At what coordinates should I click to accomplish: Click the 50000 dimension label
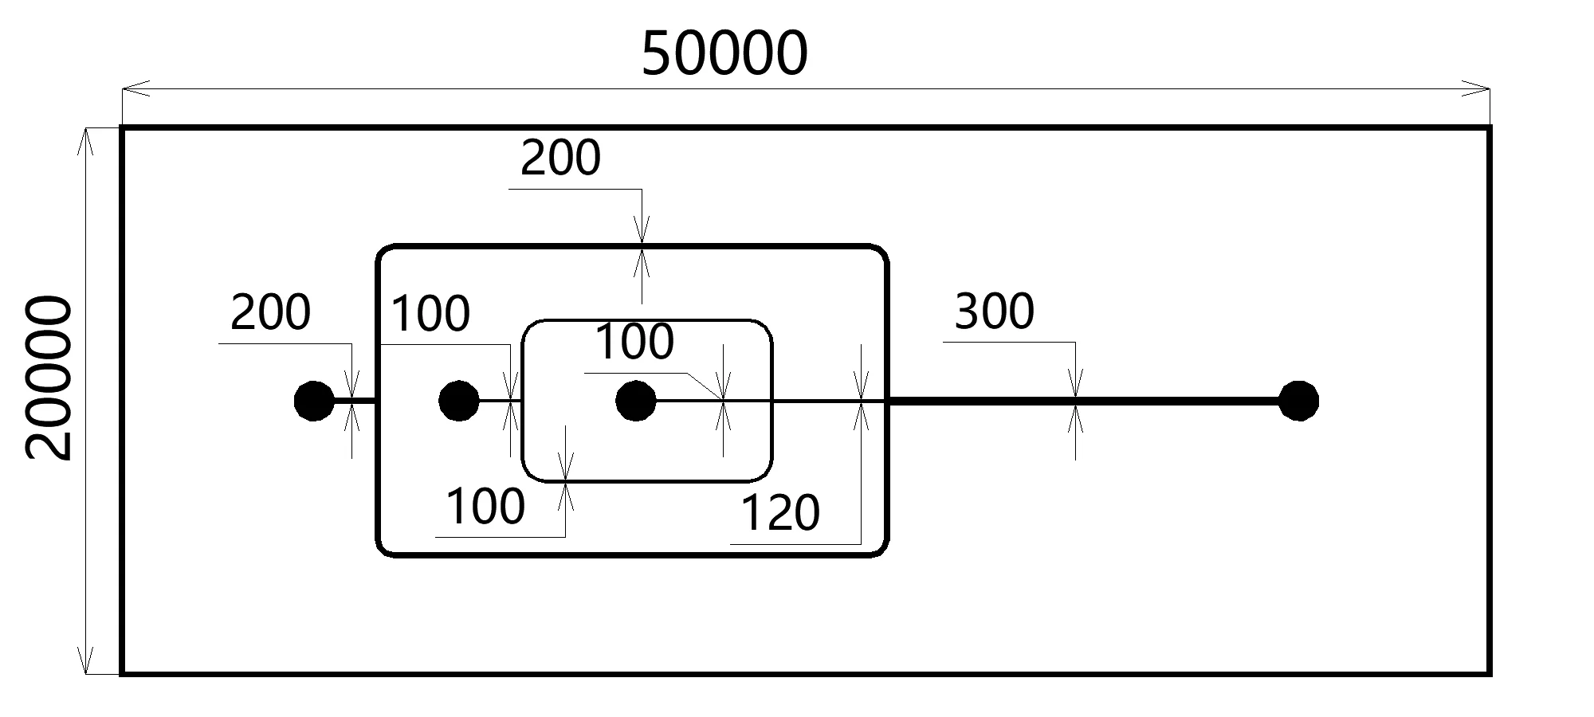click(724, 54)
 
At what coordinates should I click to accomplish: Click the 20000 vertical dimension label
click(49, 378)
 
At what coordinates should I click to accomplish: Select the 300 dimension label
click(994, 311)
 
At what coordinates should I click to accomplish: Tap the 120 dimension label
click(780, 513)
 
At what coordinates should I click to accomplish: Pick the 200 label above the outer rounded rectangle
click(560, 159)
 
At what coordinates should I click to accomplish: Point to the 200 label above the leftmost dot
click(270, 312)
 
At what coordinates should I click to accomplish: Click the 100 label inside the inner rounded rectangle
click(634, 343)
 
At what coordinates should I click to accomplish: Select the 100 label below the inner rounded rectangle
click(485, 507)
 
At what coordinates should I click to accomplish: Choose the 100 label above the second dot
click(430, 314)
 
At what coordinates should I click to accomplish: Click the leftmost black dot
click(314, 401)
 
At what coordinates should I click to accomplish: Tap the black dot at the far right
click(1298, 401)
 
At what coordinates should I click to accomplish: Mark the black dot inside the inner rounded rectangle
click(636, 401)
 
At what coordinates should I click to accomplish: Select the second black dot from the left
click(459, 401)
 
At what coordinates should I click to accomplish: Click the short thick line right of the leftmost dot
click(354, 401)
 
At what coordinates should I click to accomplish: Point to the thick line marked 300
click(1084, 401)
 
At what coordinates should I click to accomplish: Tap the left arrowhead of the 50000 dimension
click(135, 88)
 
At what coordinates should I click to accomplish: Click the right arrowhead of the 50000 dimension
click(1475, 88)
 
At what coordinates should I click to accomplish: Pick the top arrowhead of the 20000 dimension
click(86, 140)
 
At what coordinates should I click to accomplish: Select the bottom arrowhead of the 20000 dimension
click(86, 660)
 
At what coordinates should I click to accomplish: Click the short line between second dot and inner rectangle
click(500, 401)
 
